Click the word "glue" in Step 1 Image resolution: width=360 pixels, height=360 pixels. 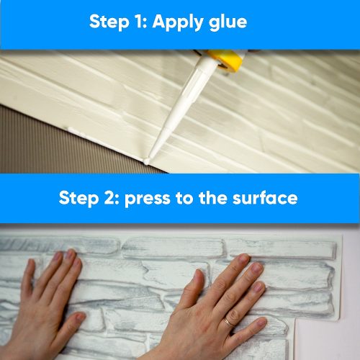224,22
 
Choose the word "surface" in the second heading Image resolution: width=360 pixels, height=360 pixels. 267,198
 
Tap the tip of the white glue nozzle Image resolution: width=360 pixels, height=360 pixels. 147,161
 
